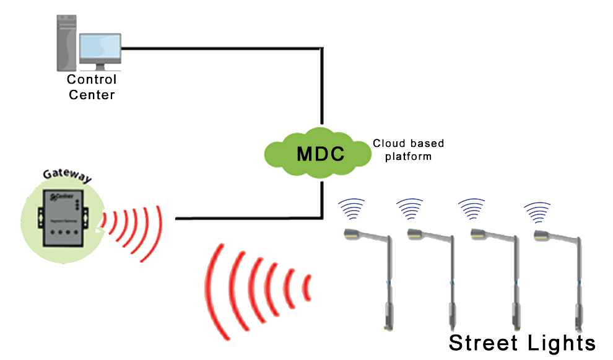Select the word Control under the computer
(x=92, y=80)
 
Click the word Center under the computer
(x=92, y=95)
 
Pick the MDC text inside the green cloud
(x=320, y=154)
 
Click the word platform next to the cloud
(x=408, y=156)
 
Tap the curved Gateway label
(x=66, y=175)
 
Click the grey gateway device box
(x=60, y=216)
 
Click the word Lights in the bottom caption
(x=562, y=343)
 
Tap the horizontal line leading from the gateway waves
(x=248, y=218)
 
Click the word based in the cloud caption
(x=427, y=144)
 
